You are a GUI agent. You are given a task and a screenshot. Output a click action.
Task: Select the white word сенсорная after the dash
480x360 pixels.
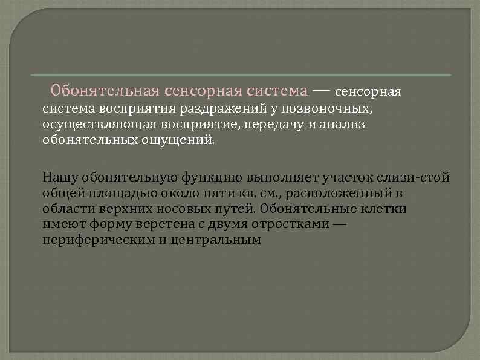click(x=368, y=92)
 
